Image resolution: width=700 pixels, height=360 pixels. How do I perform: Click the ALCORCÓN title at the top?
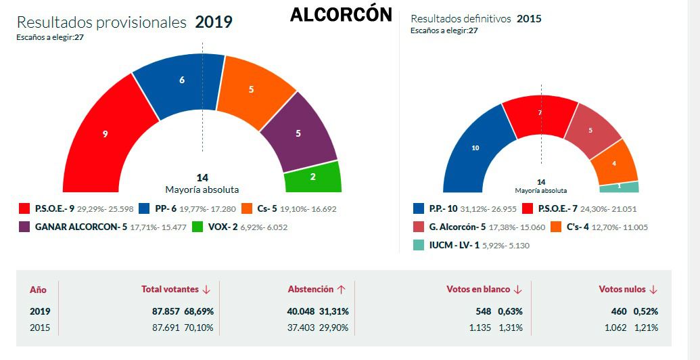[x=340, y=15]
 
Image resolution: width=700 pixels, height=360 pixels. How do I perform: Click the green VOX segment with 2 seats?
[x=313, y=177]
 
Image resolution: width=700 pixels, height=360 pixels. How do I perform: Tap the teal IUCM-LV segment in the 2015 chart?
[x=619, y=187]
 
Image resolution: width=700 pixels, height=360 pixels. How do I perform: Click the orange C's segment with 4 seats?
[x=613, y=162]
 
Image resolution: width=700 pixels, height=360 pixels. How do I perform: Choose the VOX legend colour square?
[x=198, y=227]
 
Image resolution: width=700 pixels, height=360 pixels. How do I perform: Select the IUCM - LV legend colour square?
[x=419, y=245]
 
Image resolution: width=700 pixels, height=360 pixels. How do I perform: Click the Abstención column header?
[x=310, y=289]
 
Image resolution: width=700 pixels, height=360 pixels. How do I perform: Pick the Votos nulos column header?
[x=622, y=289]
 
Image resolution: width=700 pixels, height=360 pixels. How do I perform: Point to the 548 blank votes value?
[x=483, y=311]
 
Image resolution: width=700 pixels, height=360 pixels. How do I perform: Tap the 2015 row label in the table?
[x=39, y=328]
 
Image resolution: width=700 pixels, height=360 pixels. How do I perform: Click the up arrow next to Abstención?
[x=342, y=289]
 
